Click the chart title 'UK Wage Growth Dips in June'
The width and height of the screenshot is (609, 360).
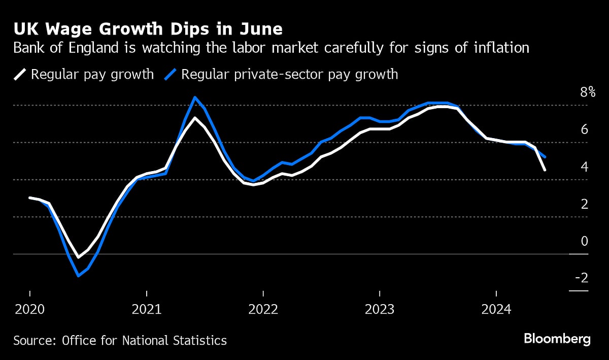tap(148, 28)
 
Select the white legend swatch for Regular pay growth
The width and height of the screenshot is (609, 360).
tap(20, 75)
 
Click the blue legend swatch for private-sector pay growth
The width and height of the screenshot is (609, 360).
tap(170, 75)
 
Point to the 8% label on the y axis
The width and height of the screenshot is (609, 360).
tap(580, 92)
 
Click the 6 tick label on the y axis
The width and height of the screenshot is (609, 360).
tap(584, 129)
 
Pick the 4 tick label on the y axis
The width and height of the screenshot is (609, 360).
tap(584, 167)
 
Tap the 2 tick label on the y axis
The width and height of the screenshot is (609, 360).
tap(584, 204)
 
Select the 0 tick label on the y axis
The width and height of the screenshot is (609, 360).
tap(584, 241)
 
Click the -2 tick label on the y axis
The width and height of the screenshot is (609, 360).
tap(581, 278)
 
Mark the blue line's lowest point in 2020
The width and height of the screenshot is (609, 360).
tap(78, 276)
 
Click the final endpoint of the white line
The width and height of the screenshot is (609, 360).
tap(545, 170)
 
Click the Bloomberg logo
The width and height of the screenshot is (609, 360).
tap(557, 339)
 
